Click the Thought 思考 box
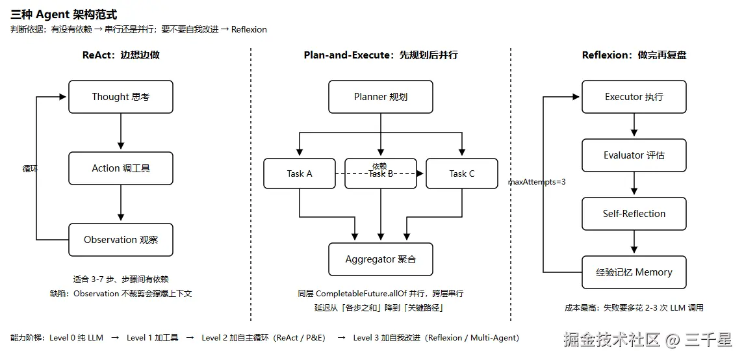tap(120, 97)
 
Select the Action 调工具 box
tap(120, 168)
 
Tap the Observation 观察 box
tap(120, 240)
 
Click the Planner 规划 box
tap(381, 97)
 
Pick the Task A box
tap(300, 174)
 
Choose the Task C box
tap(462, 174)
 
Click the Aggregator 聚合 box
tap(381, 259)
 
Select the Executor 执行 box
tap(634, 97)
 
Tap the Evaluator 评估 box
tap(634, 155)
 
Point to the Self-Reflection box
tap(634, 214)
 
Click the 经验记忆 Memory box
tap(634, 272)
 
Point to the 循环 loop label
tap(30, 168)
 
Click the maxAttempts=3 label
tap(537, 182)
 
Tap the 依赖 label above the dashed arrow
tap(379, 166)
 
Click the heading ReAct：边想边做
tap(121, 55)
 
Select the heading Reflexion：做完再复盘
tap(634, 55)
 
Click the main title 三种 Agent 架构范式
tap(64, 15)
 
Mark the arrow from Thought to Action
tap(120, 131)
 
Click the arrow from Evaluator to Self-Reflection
tap(634, 183)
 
